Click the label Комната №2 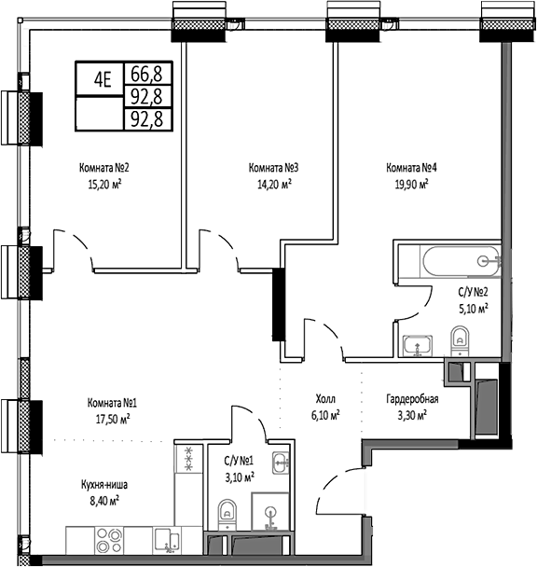pos(103,168)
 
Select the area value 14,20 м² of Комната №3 pos(272,184)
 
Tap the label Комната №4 pos(412,168)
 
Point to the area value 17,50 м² pos(112,419)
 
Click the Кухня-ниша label pos(105,485)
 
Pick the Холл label pos(324,398)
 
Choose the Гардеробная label pos(412,398)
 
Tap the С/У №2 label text pos(473,291)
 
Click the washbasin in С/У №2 pos(415,345)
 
